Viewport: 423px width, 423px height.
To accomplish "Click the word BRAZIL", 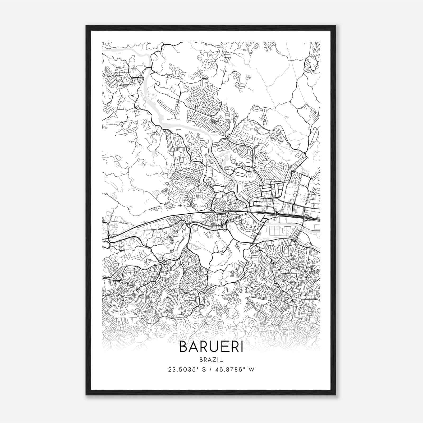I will click(211, 360).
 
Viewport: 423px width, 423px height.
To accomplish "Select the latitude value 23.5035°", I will click(183, 369).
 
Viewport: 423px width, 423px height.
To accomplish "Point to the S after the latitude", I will click(204, 369).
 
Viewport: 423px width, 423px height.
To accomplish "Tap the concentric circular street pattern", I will click(209, 105).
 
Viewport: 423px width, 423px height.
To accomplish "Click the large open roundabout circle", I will click(270, 132).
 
